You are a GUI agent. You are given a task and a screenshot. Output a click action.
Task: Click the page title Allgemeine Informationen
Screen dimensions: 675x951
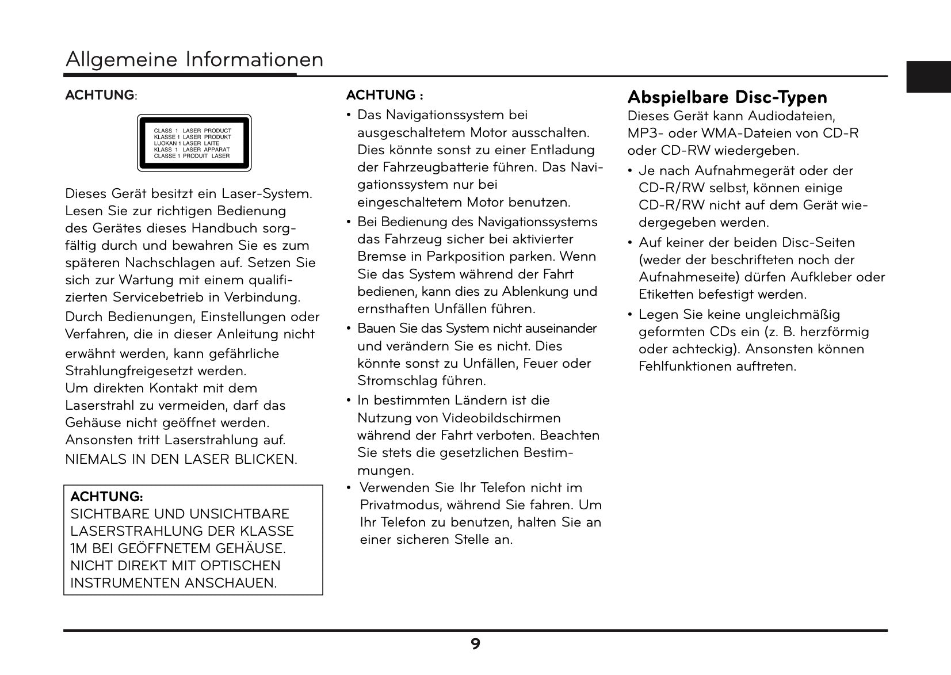[x=194, y=60]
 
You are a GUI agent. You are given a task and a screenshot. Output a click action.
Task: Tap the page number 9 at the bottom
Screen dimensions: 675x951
[x=475, y=644]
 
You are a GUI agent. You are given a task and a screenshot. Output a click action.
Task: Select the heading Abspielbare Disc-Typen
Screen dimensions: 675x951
[x=727, y=97]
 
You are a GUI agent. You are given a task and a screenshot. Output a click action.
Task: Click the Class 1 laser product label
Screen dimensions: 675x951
[x=194, y=143]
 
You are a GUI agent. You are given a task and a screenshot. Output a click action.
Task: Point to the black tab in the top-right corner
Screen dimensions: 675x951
[x=929, y=77]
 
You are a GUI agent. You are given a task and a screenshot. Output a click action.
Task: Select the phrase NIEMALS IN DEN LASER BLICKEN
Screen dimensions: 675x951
[x=181, y=459]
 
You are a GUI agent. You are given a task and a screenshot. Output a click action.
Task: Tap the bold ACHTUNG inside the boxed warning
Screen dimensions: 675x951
[x=106, y=496]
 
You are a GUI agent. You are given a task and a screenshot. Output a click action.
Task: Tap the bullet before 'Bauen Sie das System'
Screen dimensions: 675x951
[x=349, y=329]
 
